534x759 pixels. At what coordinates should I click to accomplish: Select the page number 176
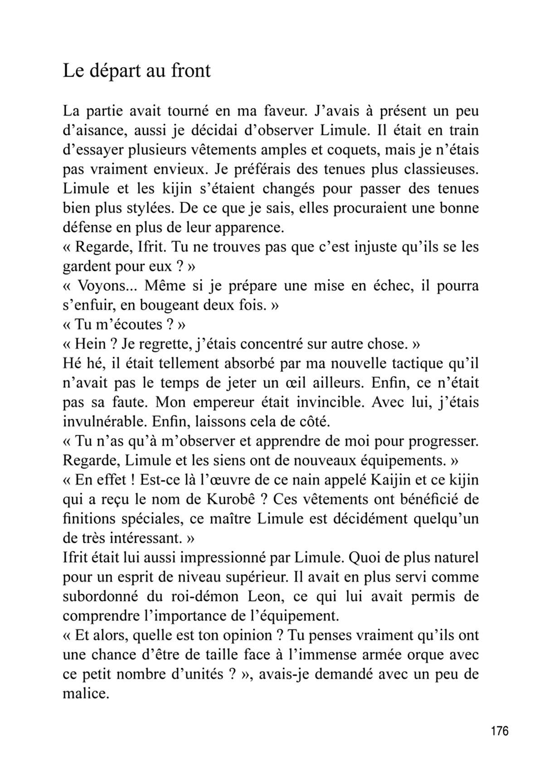pyautogui.click(x=500, y=731)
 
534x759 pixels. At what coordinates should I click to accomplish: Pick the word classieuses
pyautogui.click(x=439, y=169)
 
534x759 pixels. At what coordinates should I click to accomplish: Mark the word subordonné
pyautogui.click(x=101, y=597)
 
